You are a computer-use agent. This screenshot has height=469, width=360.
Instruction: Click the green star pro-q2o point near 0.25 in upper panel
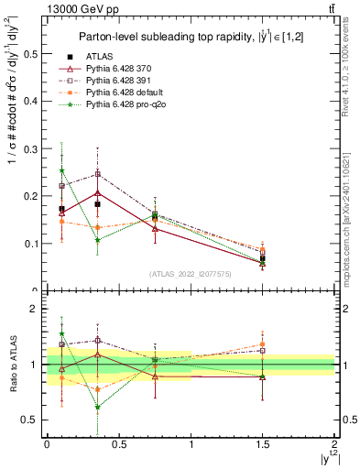[x=61, y=170]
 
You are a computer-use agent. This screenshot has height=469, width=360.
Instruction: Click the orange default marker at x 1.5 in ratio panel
[x=262, y=344]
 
